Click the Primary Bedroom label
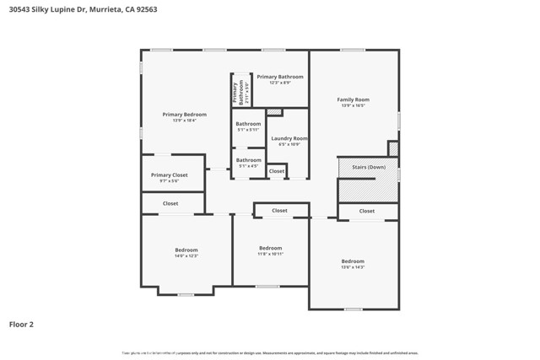184,115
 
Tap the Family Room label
353,99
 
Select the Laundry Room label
289,138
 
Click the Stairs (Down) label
368,167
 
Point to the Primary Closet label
169,175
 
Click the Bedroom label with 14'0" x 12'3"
186,250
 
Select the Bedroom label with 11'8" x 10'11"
270,248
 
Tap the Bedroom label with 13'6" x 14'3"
353,261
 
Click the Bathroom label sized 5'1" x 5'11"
248,124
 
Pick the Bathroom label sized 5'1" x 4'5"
248,160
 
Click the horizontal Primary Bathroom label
279,77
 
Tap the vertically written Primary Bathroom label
238,91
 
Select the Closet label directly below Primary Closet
170,203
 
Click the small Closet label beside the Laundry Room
277,171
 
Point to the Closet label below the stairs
367,211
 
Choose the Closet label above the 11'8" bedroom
279,211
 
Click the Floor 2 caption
21,324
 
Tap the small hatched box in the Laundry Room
274,112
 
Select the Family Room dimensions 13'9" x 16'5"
353,105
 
